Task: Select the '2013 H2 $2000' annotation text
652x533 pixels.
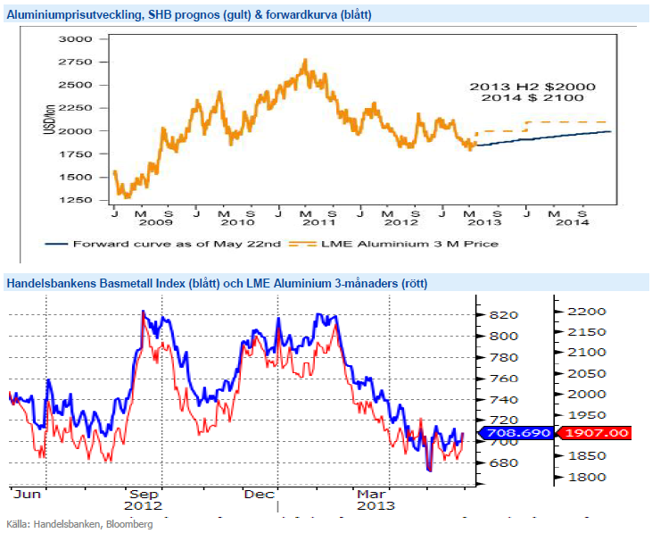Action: (532, 86)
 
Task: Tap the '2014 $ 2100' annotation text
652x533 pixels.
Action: (532, 97)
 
